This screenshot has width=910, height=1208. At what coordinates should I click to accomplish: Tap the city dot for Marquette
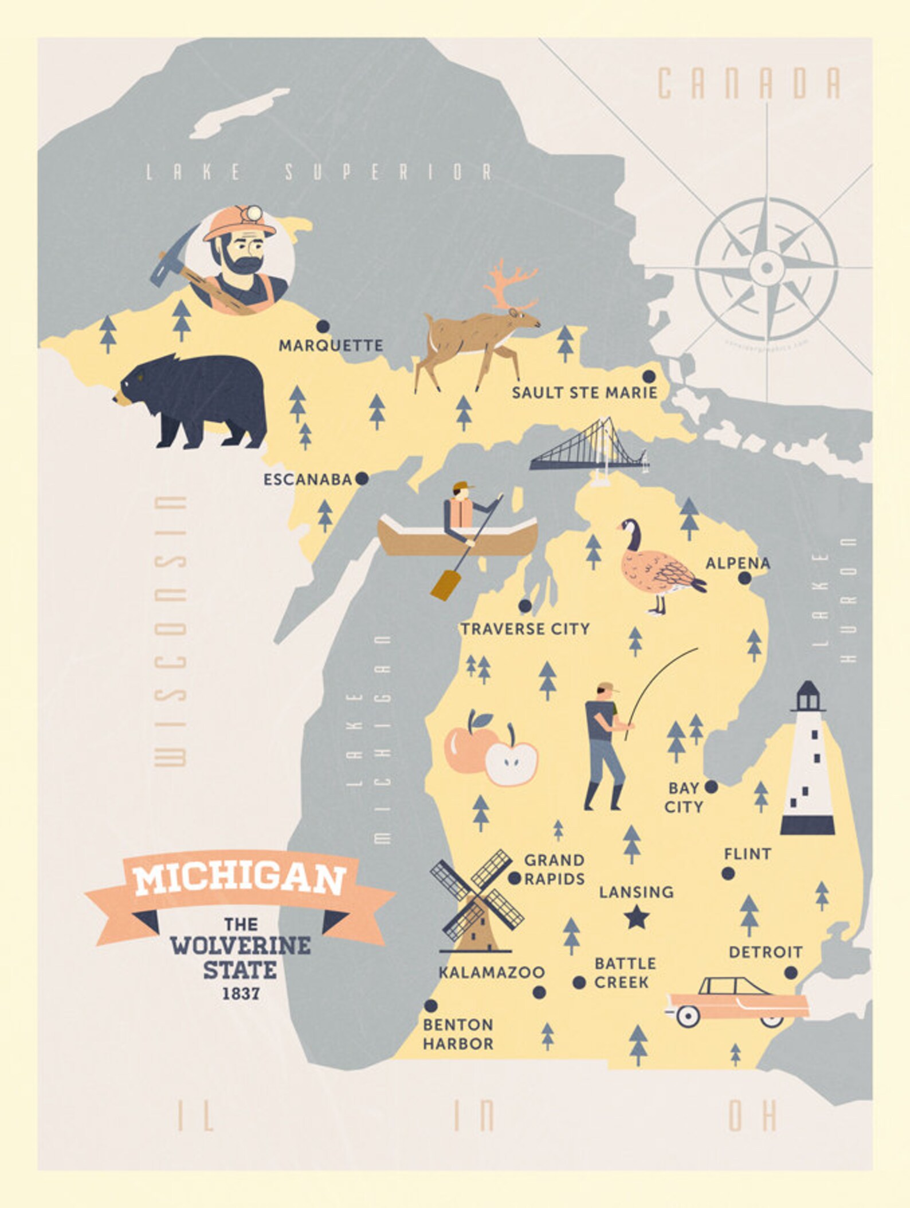click(x=323, y=326)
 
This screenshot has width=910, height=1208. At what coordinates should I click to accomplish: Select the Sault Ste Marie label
click(x=584, y=393)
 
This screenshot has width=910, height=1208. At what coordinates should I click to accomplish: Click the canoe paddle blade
click(x=443, y=585)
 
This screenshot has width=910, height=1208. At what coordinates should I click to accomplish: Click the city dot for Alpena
click(x=744, y=578)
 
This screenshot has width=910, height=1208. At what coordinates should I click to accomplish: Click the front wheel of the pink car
click(x=688, y=1017)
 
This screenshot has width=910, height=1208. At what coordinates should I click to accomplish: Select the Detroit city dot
click(x=791, y=972)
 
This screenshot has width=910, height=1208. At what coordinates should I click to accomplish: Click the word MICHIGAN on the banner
click(x=240, y=881)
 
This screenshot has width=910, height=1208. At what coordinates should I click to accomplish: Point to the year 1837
click(x=241, y=993)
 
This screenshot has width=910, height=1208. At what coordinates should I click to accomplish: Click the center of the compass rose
click(x=767, y=267)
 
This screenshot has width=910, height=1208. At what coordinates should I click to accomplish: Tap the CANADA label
click(x=748, y=83)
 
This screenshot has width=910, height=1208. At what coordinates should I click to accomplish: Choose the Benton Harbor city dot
click(x=431, y=1006)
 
